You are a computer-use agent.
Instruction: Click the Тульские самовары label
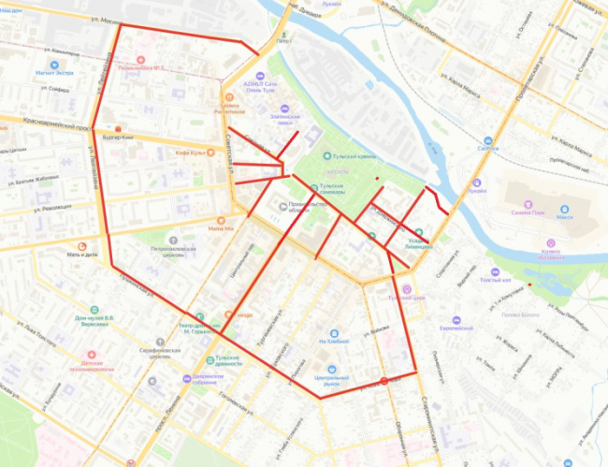[336, 189]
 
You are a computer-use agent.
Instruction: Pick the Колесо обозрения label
[551, 255]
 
